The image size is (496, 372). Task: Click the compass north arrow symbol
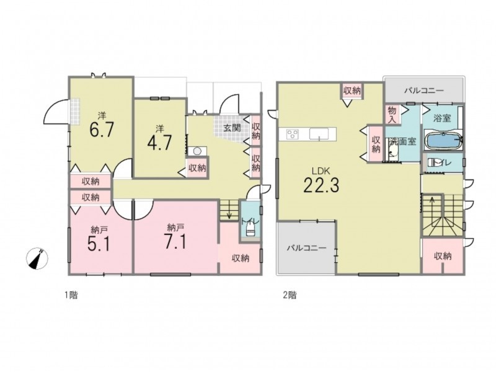[x=37, y=259]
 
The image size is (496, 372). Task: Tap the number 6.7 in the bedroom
[x=101, y=129]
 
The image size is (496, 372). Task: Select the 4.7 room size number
[x=159, y=143]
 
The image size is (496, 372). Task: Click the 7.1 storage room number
[x=175, y=242]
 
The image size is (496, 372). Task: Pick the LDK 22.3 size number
[x=321, y=185]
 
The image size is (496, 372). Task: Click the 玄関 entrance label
[x=232, y=128]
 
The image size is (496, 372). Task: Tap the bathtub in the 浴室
[x=443, y=141]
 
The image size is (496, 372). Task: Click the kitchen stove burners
[x=292, y=134]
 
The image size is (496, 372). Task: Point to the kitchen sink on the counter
[x=319, y=134]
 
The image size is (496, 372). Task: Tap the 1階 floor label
[x=71, y=296]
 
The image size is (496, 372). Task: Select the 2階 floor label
[x=290, y=296]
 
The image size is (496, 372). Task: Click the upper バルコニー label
[x=424, y=91]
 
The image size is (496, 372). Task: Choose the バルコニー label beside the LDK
[x=306, y=248]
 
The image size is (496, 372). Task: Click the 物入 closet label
[x=392, y=115]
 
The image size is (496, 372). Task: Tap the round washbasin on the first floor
[x=197, y=151]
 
